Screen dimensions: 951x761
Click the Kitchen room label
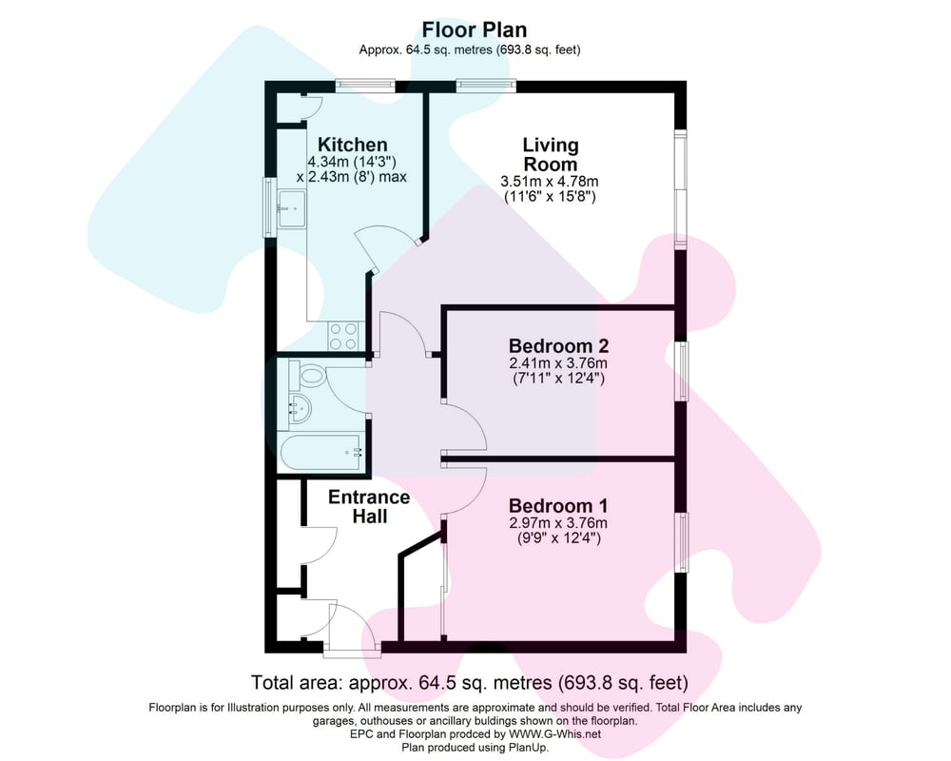353,145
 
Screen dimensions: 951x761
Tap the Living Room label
551,155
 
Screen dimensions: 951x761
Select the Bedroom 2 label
558,346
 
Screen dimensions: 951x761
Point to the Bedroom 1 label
558,505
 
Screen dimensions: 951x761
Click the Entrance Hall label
369,507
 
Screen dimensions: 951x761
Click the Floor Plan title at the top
475,29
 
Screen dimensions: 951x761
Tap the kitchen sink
293,208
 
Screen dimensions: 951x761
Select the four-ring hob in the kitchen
343,336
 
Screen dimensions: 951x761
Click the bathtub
321,452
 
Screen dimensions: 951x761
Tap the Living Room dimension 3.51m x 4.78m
550,181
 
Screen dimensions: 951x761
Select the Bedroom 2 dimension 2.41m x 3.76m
558,363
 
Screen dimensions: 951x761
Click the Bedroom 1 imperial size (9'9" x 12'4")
558,537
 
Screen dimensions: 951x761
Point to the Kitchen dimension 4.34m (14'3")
352,162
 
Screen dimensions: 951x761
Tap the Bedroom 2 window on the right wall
682,371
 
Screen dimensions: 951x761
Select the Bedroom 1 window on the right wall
682,542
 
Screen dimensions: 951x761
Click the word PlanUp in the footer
527,748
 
